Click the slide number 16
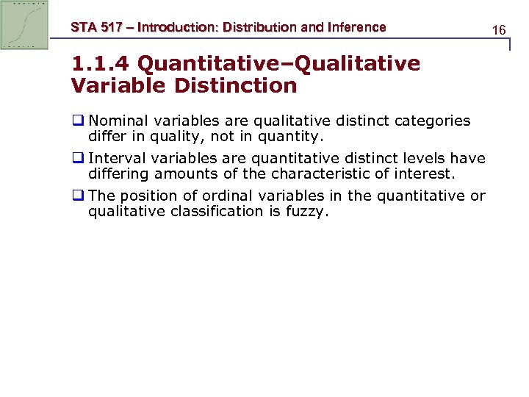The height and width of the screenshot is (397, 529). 500,30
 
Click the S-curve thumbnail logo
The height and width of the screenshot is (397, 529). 25,25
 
